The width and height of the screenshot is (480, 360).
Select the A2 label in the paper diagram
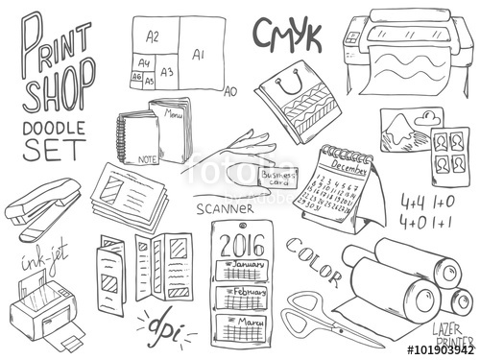pos(153,36)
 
